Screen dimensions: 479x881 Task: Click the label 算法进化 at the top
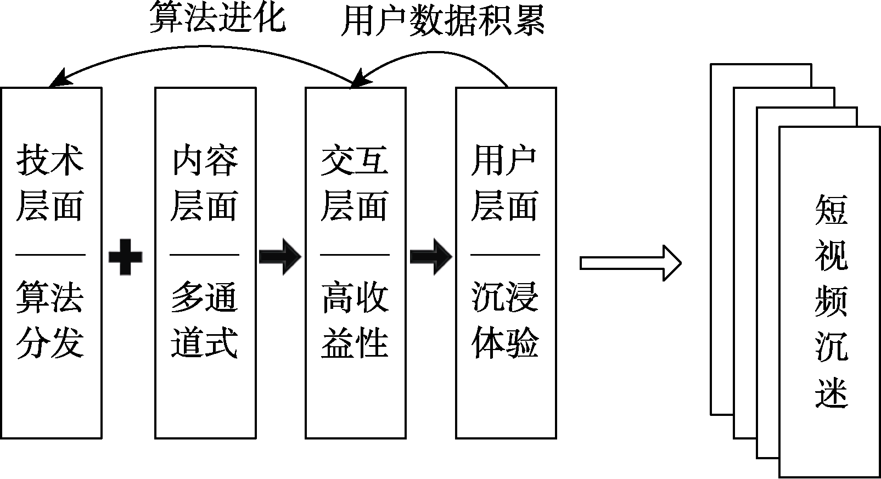pyautogui.click(x=217, y=19)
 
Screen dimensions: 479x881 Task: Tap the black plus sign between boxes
pyautogui.click(x=126, y=256)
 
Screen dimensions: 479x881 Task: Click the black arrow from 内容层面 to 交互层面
pyautogui.click(x=280, y=256)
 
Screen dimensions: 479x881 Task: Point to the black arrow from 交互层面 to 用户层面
pyautogui.click(x=431, y=256)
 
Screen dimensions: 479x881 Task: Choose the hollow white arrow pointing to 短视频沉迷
pyautogui.click(x=630, y=263)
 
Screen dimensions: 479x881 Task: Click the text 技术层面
pyautogui.click(x=50, y=183)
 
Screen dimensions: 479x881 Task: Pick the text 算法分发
pyautogui.click(x=50, y=319)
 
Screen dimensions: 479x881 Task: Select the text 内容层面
pyautogui.click(x=204, y=183)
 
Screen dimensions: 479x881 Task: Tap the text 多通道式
pyautogui.click(x=204, y=319)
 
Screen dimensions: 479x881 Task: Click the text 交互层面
pyautogui.click(x=355, y=183)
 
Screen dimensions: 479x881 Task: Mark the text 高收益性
pyautogui.click(x=355, y=319)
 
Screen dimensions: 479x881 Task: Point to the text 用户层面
pyautogui.click(x=504, y=183)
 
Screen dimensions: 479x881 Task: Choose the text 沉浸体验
pyautogui.click(x=504, y=319)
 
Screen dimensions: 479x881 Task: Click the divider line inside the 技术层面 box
pyautogui.click(x=50, y=255)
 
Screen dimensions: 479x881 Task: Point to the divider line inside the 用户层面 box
pyautogui.click(x=504, y=255)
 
